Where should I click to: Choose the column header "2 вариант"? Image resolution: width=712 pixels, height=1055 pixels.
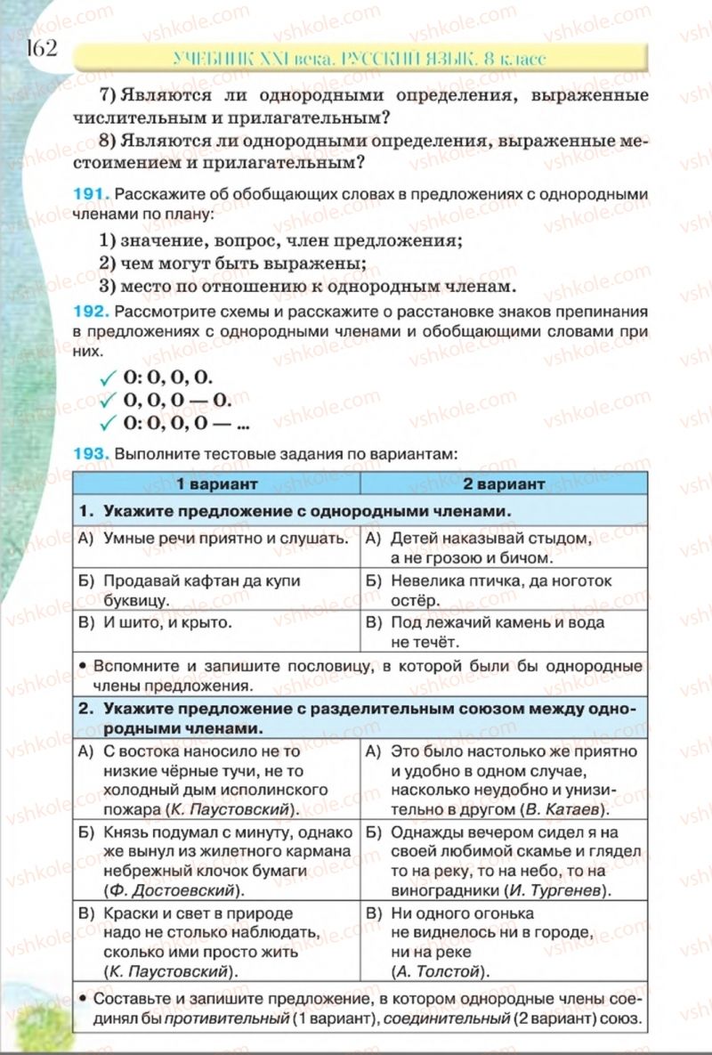(503, 484)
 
